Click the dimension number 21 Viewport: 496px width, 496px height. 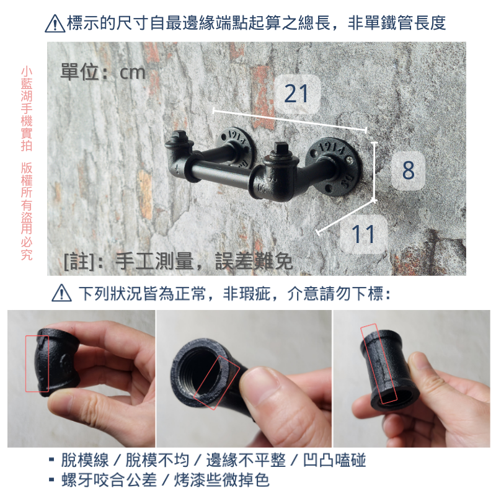tap(296, 94)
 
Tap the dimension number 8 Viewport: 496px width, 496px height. tap(407, 169)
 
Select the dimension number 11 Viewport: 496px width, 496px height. tap(364, 234)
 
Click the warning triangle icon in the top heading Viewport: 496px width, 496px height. tap(55, 24)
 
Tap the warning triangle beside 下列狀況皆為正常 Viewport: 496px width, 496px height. tap(61, 293)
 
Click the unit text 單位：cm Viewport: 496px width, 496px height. tap(102, 72)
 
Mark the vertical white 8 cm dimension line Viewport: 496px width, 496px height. tap(374, 171)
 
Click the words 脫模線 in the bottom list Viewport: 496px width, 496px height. tap(85, 461)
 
